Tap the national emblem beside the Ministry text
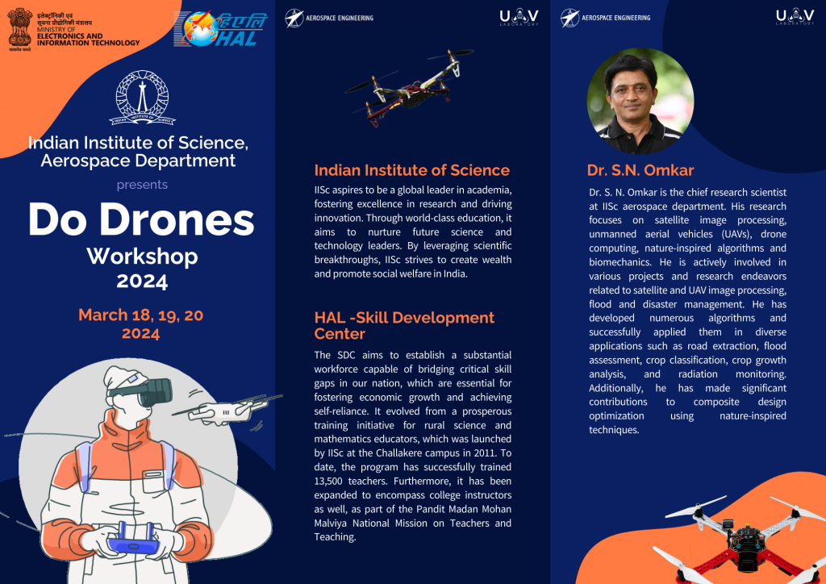tap(19, 29)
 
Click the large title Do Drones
tap(141, 220)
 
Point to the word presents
tap(142, 185)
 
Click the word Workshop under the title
tap(142, 257)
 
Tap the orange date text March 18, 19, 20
tap(140, 315)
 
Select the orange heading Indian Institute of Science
tap(411, 170)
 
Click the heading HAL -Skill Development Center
tap(403, 325)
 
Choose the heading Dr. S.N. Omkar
tap(640, 170)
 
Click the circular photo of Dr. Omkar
tap(640, 102)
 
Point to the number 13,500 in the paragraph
tap(332, 479)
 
